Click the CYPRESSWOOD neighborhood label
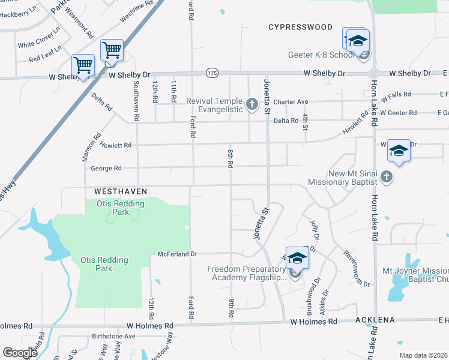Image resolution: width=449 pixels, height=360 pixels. (x=300, y=27)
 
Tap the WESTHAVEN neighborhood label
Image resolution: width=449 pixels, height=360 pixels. (x=121, y=191)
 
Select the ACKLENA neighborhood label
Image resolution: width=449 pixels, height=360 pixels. (x=375, y=320)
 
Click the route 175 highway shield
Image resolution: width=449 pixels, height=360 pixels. (x=211, y=73)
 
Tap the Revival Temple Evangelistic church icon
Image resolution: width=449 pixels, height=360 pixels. (x=252, y=106)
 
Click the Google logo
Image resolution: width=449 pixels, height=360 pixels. (x=20, y=353)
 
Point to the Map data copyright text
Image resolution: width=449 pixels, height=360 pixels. (x=423, y=355)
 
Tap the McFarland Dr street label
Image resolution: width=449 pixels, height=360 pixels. (x=177, y=254)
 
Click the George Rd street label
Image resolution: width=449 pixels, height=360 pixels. (x=106, y=169)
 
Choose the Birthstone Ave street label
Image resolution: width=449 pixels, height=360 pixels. (x=113, y=336)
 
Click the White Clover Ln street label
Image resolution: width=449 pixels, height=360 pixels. (x=39, y=37)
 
